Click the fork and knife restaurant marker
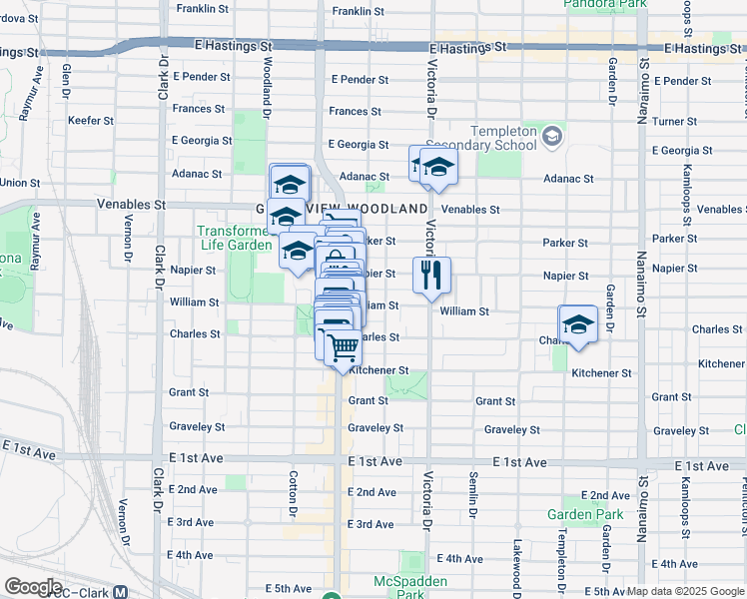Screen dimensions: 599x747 [431, 276]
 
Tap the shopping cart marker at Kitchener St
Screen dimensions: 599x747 [343, 347]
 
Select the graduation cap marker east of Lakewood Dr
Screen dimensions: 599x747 [577, 323]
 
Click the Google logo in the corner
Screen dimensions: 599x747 [33, 587]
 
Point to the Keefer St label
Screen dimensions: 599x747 [91, 121]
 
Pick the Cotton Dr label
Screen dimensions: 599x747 [293, 489]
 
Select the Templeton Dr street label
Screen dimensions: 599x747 [563, 553]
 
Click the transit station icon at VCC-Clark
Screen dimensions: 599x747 [121, 590]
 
